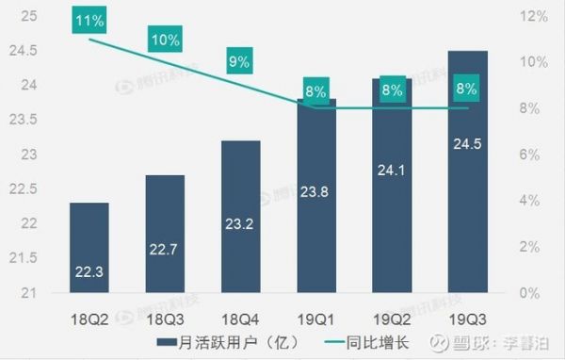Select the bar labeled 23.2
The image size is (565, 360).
pyautogui.click(x=240, y=216)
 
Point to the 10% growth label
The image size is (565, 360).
pyautogui.click(x=165, y=39)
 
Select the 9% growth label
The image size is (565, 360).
pyautogui.click(x=240, y=62)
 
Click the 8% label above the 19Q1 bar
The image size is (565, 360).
pyautogui.click(x=316, y=91)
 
